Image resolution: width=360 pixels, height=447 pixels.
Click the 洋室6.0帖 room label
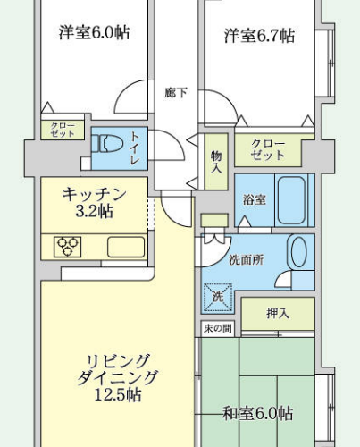click(x=94, y=32)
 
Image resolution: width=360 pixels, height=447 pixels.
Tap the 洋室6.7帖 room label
click(x=259, y=36)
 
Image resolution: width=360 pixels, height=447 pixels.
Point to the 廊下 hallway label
click(x=176, y=93)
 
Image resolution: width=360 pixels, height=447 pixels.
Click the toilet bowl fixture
click(x=107, y=143)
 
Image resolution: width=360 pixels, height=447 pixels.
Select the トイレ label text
click(x=135, y=148)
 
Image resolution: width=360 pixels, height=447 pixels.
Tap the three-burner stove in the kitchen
click(x=68, y=247)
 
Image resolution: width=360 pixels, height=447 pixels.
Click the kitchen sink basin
click(x=126, y=247)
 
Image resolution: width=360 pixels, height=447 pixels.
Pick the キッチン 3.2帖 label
click(x=94, y=203)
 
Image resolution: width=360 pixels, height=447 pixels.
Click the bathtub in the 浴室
click(x=291, y=200)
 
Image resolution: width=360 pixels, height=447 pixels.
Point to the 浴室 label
click(x=255, y=199)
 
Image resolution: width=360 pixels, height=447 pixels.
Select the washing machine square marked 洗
click(x=218, y=297)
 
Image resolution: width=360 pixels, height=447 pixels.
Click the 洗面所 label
click(x=247, y=260)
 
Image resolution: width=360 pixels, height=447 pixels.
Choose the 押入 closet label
click(x=278, y=313)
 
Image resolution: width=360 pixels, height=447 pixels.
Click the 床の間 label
click(x=218, y=328)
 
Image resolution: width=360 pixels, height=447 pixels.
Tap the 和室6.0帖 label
click(x=258, y=414)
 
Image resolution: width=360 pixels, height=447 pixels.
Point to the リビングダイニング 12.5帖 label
click(x=117, y=378)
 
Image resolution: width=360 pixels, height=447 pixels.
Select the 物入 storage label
click(x=216, y=162)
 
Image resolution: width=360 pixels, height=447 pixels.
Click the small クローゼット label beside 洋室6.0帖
click(x=63, y=130)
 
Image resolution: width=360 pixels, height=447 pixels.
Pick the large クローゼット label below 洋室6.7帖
click(x=268, y=150)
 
